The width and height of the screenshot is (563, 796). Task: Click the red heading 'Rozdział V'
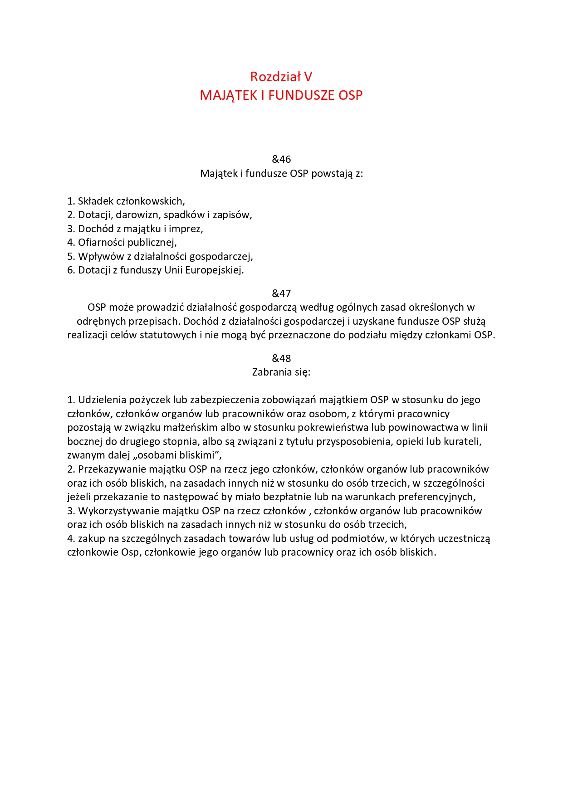[281, 77]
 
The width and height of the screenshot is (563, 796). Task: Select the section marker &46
[281, 159]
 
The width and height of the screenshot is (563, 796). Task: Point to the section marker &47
[281, 293]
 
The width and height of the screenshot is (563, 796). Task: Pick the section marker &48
[281, 358]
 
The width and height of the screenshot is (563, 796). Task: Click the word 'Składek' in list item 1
[95, 201]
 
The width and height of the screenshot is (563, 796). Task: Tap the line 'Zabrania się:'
[281, 372]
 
